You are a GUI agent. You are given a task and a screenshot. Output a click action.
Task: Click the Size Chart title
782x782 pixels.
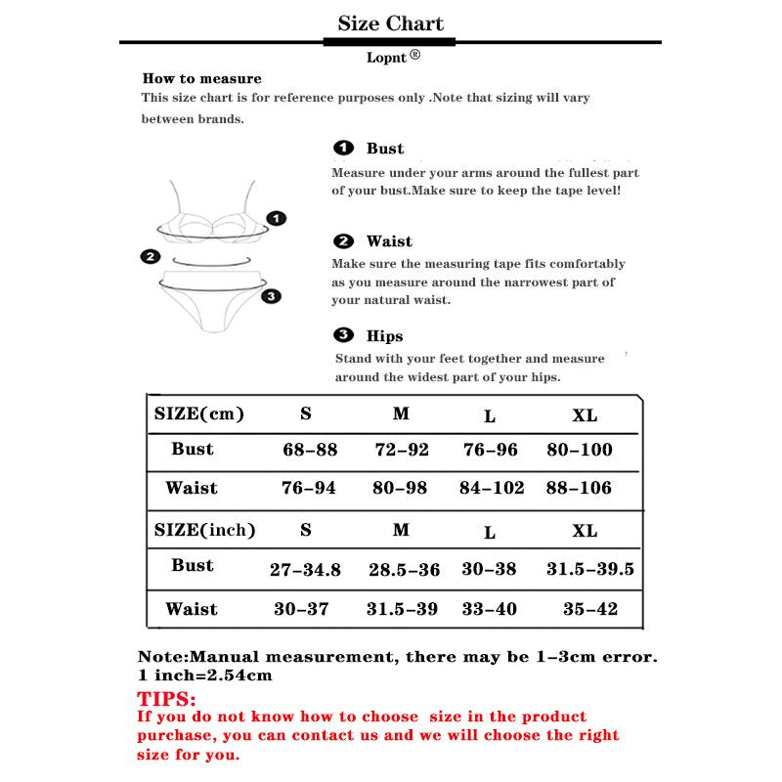390,23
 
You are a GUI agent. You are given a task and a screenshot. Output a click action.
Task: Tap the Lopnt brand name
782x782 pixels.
387,58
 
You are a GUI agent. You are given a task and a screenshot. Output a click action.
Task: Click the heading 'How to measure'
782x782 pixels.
202,78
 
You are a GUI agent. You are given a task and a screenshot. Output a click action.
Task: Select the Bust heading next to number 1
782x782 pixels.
384,149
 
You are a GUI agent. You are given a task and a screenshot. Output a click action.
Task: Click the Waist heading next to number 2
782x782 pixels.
389,241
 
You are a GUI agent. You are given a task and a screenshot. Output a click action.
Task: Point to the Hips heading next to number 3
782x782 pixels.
384,336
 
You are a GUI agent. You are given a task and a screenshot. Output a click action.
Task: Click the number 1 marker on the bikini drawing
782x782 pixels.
277,218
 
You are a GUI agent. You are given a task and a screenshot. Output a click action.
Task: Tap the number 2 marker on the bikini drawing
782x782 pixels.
150,257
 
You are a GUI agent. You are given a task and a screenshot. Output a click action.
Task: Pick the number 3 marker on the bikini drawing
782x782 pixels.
272,295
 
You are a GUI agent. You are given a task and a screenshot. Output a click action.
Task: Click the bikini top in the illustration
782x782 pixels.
215,221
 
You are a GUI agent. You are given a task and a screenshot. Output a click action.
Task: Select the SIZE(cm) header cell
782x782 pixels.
198,413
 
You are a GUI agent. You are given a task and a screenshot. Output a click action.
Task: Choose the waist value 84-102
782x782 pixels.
492,488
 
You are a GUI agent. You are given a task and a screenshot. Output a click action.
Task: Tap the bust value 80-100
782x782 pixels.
580,450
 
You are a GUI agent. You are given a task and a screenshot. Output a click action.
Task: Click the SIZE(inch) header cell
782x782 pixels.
204,530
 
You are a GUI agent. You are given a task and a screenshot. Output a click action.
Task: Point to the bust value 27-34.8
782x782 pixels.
305,570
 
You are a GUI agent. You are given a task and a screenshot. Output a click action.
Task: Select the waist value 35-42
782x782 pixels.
590,609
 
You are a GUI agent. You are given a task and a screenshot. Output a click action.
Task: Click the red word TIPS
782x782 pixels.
167,699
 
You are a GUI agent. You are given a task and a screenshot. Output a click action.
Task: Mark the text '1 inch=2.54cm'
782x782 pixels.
204,674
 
